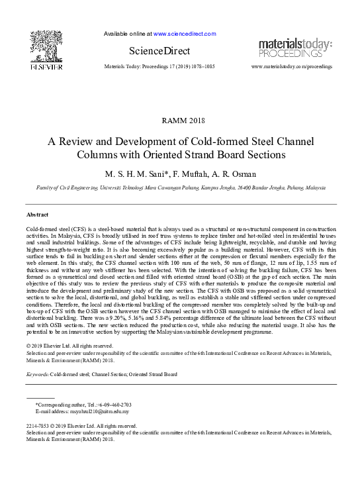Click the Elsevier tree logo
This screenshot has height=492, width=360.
click(x=46, y=46)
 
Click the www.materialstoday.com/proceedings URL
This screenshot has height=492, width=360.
click(x=292, y=67)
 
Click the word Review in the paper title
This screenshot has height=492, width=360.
click(x=81, y=142)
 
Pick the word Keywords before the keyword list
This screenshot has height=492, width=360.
click(x=37, y=374)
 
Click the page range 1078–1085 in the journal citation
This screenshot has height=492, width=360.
click(x=199, y=67)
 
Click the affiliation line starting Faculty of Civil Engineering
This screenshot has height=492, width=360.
click(x=180, y=188)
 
